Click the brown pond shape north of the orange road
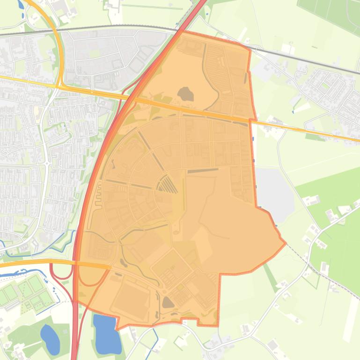point(186,94)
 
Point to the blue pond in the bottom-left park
point(50,339)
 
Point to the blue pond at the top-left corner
point(21,5)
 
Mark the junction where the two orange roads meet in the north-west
point(60,86)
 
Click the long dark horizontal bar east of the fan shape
point(203,171)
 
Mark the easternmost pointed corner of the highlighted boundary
point(285,243)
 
